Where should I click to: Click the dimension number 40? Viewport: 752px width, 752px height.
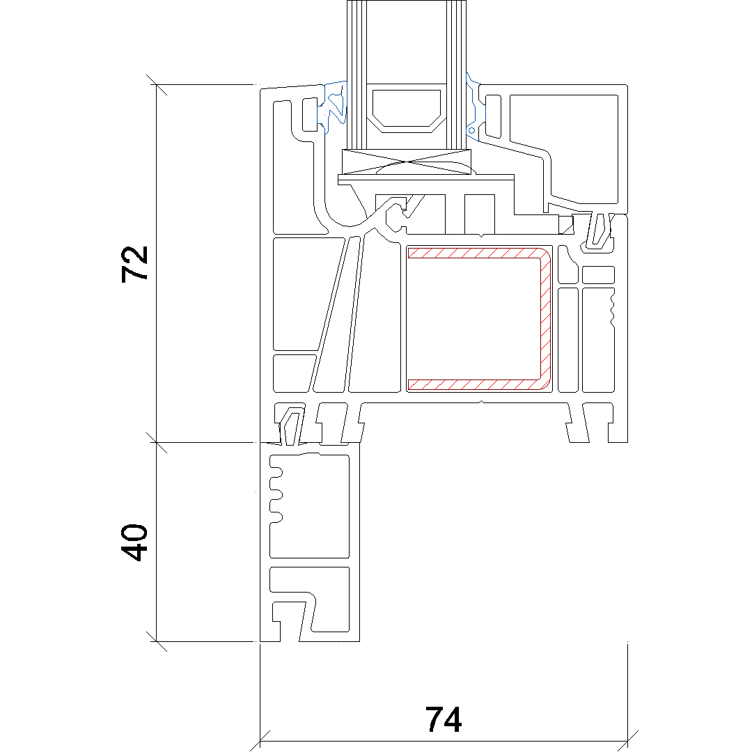click(135, 542)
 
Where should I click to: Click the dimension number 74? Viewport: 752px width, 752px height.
click(444, 719)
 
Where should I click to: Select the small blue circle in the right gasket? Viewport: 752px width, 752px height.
click(471, 130)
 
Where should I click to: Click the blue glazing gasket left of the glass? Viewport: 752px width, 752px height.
click(332, 107)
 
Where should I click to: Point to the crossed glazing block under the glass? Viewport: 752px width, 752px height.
click(406, 162)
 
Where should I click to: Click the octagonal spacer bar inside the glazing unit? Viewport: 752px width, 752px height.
click(406, 110)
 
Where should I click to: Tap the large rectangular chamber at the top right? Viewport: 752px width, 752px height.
click(564, 149)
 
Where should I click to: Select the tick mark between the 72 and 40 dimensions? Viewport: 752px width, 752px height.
click(157, 442)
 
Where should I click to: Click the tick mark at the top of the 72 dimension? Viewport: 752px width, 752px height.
click(157, 85)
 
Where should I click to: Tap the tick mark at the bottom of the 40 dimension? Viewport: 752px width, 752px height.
click(157, 641)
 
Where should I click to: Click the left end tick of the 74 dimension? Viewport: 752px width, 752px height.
click(260, 740)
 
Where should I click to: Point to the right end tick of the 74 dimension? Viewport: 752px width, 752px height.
click(628, 740)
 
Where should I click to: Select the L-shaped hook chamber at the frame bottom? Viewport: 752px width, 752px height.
click(309, 600)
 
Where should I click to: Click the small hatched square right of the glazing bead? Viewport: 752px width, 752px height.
click(567, 224)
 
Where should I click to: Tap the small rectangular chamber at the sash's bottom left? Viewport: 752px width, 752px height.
click(294, 374)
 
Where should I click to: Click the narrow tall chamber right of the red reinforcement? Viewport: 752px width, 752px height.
click(568, 340)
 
